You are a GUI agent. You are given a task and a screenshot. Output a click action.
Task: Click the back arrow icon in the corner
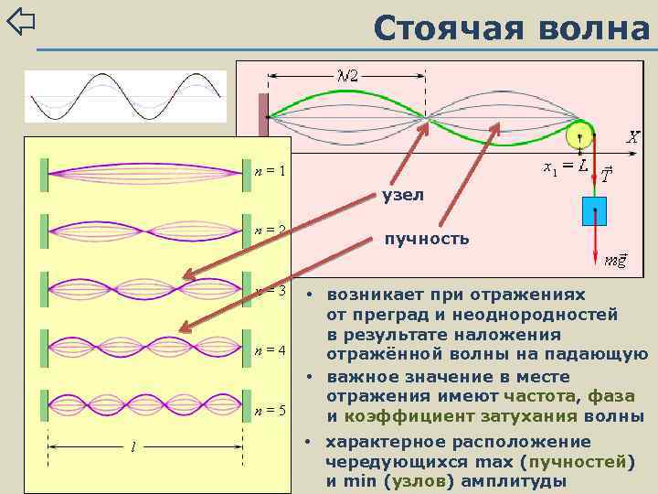(20, 21)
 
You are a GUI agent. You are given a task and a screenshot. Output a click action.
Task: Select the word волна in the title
(595, 27)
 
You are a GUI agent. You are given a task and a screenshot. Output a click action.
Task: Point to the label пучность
(427, 239)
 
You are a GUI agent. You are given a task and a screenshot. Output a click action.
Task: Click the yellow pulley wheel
(579, 136)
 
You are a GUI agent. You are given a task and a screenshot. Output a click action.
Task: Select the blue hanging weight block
(595, 210)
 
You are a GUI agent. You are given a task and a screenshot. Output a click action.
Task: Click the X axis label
(631, 137)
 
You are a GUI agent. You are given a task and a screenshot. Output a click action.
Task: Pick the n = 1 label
(270, 170)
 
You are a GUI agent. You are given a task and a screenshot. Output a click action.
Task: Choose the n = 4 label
(270, 350)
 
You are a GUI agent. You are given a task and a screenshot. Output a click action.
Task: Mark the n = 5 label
(270, 410)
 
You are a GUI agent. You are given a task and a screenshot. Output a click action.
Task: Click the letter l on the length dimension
(134, 447)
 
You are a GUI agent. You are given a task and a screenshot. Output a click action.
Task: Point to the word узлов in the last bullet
(419, 481)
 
